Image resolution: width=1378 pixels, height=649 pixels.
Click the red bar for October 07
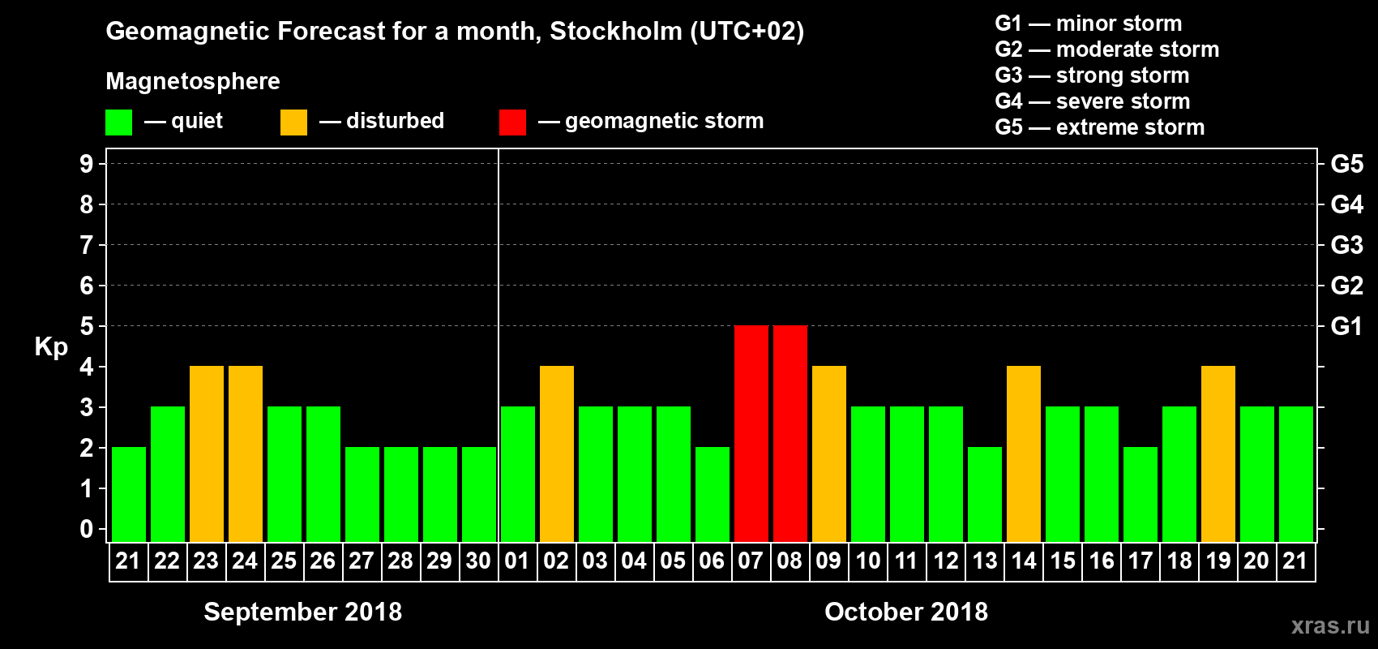(751, 433)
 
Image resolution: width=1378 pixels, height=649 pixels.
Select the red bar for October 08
(790, 433)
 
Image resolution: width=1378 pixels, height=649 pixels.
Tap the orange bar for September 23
(206, 453)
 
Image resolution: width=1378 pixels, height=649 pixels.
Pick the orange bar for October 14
(1023, 453)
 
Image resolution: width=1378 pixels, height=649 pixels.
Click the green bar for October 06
(712, 494)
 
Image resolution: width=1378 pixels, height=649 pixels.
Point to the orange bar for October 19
(1218, 453)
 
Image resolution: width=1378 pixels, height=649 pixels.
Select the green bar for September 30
(478, 494)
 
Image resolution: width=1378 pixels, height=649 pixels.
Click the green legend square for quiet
(118, 122)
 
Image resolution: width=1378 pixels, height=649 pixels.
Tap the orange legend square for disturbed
(293, 122)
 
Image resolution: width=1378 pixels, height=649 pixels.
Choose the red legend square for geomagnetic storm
(512, 122)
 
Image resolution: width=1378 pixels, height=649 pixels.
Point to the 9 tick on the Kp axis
(87, 164)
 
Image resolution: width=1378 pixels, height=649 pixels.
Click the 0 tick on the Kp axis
(87, 529)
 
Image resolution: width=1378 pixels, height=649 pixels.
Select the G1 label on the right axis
(1346, 326)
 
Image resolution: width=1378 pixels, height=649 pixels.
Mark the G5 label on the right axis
(1346, 164)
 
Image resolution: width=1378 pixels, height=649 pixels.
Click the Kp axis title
(51, 347)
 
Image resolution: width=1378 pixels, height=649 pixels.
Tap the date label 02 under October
(556, 561)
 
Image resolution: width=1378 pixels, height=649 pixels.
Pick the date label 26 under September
(323, 561)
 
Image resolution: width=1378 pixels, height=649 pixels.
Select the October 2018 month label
(906, 612)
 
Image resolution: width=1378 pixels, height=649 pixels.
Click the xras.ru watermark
(1330, 625)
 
